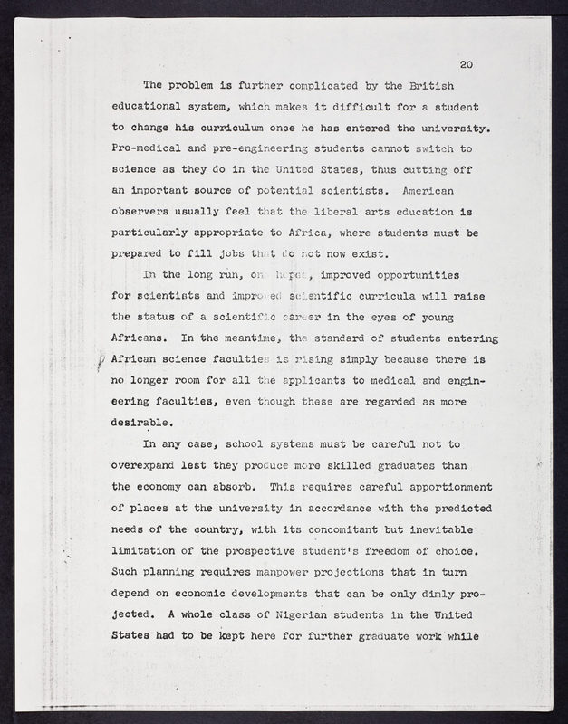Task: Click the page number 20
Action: (467, 64)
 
